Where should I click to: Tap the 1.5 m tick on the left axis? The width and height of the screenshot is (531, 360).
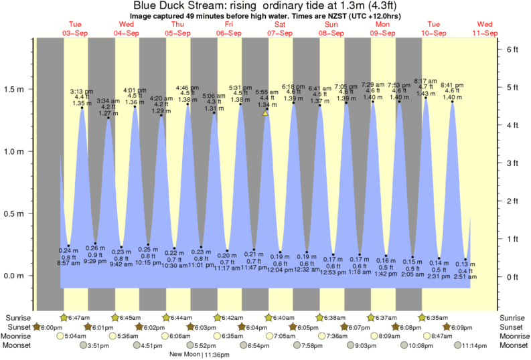[x=17, y=89]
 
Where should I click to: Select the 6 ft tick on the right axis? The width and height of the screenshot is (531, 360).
[x=512, y=50]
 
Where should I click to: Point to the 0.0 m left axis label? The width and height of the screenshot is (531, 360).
[x=17, y=276]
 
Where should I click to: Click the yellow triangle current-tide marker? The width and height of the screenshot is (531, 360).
[x=265, y=114]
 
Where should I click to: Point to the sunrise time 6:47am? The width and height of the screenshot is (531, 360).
[x=78, y=317]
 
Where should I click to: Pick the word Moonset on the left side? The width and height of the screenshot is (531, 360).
[x=18, y=346]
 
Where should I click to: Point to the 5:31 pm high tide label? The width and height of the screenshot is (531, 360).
[x=240, y=88]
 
